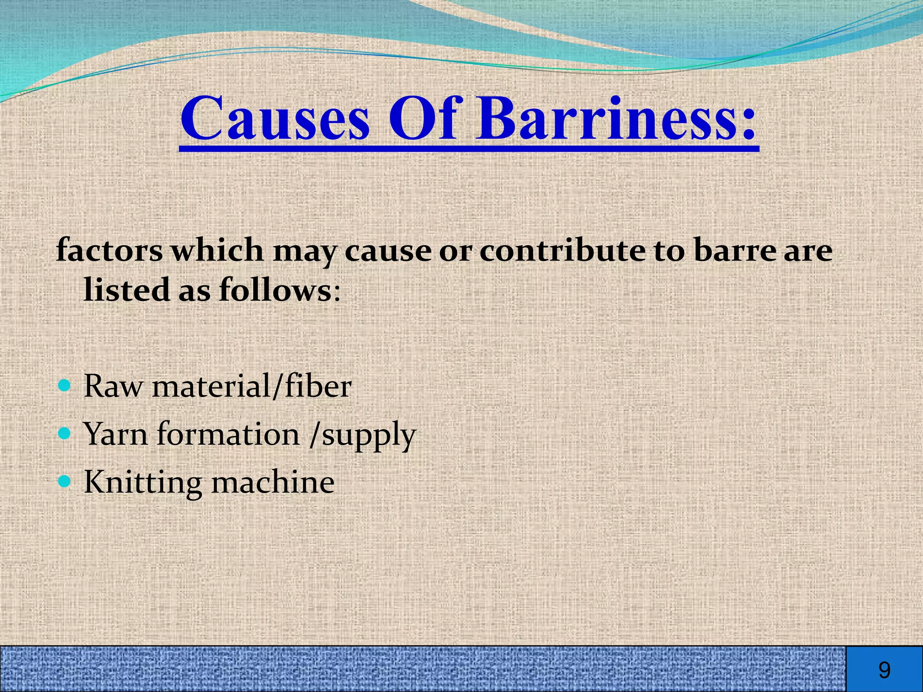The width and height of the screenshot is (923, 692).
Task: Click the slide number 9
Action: (884, 670)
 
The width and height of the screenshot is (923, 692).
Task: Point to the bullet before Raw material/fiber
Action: (65, 386)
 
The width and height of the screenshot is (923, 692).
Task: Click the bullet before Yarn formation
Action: (65, 434)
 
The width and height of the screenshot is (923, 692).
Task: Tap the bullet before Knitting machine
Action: (65, 482)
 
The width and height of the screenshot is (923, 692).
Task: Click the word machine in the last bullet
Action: (273, 482)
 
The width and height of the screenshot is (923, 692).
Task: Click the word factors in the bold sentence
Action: (109, 250)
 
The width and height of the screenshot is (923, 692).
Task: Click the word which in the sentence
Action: (217, 250)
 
